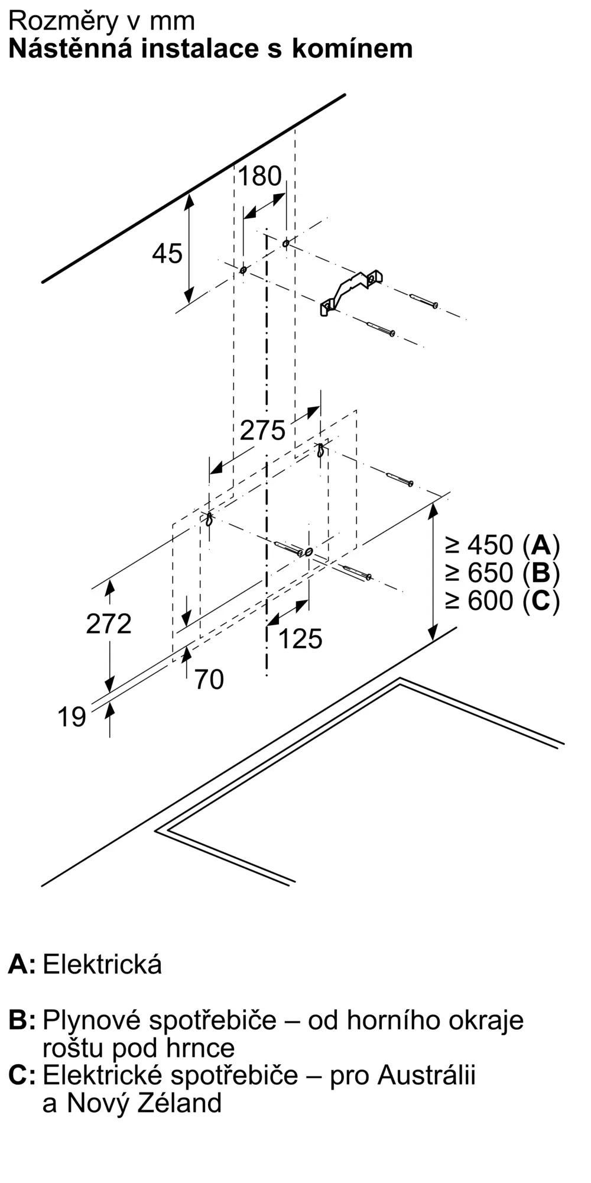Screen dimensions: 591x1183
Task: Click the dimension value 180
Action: (x=259, y=176)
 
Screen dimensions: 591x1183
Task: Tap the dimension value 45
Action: (x=167, y=254)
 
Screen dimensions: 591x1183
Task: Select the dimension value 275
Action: (x=262, y=430)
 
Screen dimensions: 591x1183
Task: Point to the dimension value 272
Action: (x=109, y=624)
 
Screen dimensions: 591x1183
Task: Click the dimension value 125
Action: (x=300, y=639)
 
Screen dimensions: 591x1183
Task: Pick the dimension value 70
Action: (x=209, y=680)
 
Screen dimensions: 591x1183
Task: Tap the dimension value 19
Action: (x=72, y=717)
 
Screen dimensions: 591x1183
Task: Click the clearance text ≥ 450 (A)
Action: (x=502, y=545)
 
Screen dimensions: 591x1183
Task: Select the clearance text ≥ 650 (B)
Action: (x=502, y=573)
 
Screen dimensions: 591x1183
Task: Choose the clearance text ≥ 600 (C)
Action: (x=502, y=601)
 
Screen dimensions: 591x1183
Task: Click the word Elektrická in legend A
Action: (x=102, y=965)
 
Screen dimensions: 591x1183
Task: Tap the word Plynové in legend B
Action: (x=92, y=1020)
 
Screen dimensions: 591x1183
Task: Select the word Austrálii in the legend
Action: (x=427, y=1075)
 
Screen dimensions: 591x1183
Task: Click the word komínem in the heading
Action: (x=352, y=49)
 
